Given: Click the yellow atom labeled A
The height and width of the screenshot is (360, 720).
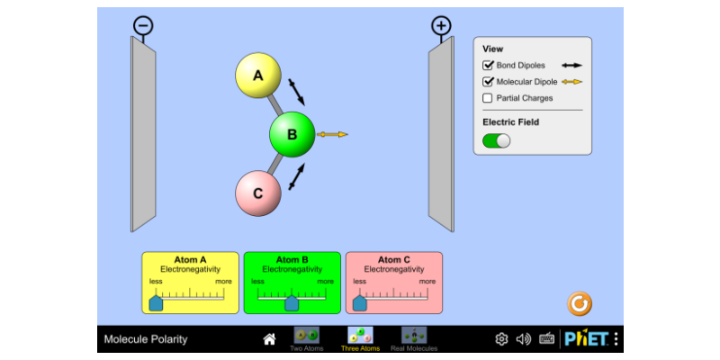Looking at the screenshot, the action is pos(258,76).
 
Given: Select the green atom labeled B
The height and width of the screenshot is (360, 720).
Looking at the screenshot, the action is pos(292,134).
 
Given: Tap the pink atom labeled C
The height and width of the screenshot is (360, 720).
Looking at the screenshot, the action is pos(258,193).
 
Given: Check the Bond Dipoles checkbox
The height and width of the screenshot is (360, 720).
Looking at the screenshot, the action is pos(488,65).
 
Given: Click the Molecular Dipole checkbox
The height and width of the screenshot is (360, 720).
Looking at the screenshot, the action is pos(488,82).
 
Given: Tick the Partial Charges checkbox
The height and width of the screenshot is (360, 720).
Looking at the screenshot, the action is pos(488,98).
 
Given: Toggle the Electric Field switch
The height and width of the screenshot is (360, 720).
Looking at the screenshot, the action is pos(497,140).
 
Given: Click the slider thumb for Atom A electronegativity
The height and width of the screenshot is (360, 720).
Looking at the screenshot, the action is pos(156,303).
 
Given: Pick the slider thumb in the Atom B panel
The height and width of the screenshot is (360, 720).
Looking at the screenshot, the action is pos(292,303).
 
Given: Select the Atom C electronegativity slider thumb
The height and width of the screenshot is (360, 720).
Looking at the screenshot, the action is pos(359,303).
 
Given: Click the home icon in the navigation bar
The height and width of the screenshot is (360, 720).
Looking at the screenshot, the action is pos(269,339).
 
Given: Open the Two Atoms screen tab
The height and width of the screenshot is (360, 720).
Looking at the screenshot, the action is pos(307,339).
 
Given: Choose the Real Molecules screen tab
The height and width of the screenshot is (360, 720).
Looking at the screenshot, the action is pos(414,339).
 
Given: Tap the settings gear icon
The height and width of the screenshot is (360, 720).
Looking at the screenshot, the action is pos(501,339).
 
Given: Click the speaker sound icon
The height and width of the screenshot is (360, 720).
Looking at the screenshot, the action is pos(524,339).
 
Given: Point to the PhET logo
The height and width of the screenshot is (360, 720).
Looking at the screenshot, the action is pos(587,339).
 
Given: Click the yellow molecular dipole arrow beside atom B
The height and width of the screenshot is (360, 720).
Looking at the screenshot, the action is pos(332,134).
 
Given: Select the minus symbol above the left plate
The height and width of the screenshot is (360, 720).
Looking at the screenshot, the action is pos(143,26).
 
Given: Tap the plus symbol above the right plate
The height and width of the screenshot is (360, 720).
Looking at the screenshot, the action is pos(441,26).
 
